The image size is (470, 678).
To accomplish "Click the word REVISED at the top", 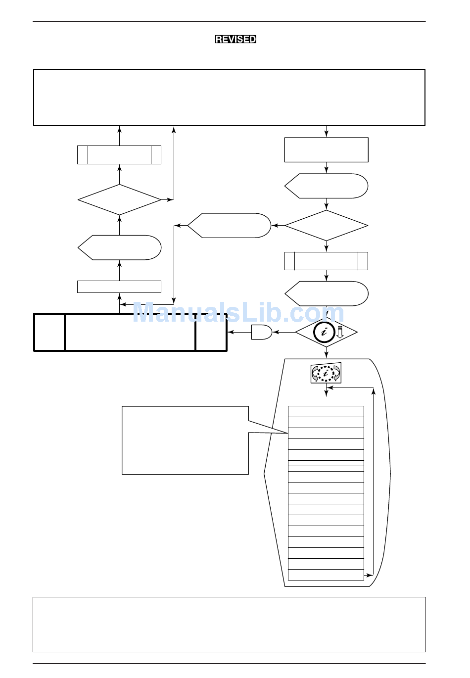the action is point(235,39).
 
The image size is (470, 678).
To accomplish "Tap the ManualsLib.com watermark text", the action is point(238,312).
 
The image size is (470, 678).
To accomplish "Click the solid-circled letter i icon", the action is point(324,332).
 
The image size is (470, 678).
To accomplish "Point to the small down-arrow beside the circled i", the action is point(340,332).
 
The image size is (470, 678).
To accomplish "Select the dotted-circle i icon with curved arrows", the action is point(326,373).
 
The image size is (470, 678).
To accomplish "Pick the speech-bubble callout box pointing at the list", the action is point(185,440).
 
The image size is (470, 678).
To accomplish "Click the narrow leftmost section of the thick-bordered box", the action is point(49,332).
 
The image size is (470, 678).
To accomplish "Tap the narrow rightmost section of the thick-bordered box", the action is point(211,332).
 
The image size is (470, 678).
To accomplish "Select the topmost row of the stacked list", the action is point(326,411).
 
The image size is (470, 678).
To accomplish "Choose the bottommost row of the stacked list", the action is point(326,575).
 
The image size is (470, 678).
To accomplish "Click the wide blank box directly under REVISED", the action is point(229,97).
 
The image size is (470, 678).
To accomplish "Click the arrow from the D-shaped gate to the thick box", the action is point(239,332).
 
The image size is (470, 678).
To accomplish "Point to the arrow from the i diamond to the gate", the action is point(284,332).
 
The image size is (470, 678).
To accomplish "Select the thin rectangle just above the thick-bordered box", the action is point(119,287).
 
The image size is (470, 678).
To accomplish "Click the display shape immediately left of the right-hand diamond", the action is point(229,226).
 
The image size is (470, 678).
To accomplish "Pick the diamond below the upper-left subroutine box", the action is point(119,200).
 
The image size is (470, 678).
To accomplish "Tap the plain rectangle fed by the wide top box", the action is point(326,150).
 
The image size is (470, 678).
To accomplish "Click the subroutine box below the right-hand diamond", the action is point(326,261).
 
